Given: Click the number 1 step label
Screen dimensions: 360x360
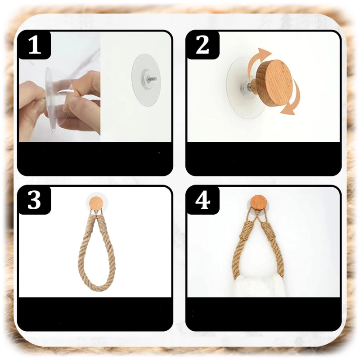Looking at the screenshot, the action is click(x=35, y=46).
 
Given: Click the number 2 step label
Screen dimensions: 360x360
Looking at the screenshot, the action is click(x=202, y=45).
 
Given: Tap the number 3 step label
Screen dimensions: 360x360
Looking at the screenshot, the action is click(x=35, y=200).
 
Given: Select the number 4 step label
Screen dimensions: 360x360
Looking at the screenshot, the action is click(x=203, y=200).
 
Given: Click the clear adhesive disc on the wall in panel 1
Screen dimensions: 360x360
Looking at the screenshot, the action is click(x=146, y=81).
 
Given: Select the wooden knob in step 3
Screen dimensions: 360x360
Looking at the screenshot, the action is click(x=96, y=202).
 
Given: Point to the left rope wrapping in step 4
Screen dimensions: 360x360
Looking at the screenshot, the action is click(x=246, y=230).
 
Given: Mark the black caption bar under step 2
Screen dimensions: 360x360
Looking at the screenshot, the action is click(x=264, y=159).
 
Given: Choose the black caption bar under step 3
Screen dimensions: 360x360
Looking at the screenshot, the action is click(x=95, y=314).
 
